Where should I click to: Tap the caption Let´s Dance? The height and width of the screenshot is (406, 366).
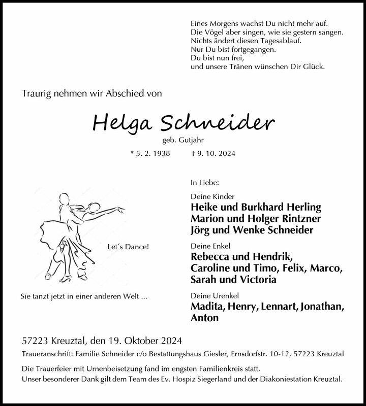pyautogui.click(x=129, y=247)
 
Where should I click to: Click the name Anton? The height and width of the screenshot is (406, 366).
pyautogui.click(x=204, y=318)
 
